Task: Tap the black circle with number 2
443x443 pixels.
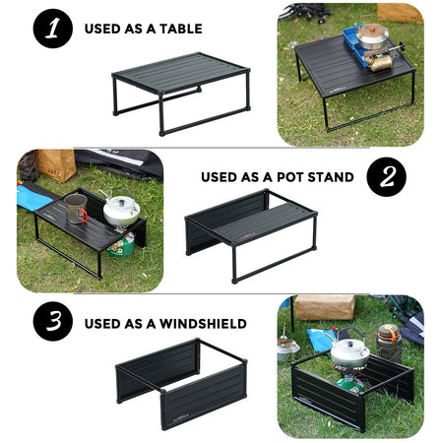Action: point(387,177)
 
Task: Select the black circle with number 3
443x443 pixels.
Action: point(53,323)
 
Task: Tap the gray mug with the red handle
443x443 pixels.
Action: point(75,208)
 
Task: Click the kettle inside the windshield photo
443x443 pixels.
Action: point(348,352)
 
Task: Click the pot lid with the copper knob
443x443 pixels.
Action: point(371,32)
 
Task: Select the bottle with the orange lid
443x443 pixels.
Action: point(389,341)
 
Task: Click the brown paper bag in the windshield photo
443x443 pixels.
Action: point(325,308)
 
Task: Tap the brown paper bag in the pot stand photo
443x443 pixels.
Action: point(56,163)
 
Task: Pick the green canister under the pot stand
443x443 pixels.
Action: point(122,244)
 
